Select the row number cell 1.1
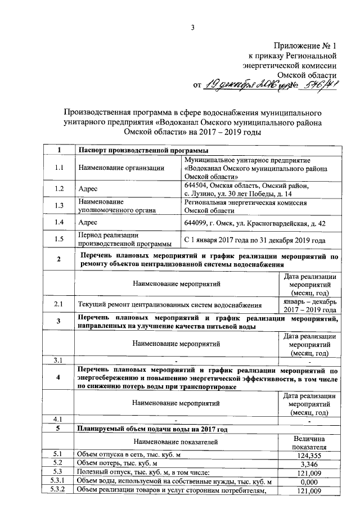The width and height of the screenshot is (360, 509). [59, 168]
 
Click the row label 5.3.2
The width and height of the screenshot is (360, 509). [59, 492]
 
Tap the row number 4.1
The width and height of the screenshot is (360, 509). [59, 419]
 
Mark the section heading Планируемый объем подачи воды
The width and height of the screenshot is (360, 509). [152, 429]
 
